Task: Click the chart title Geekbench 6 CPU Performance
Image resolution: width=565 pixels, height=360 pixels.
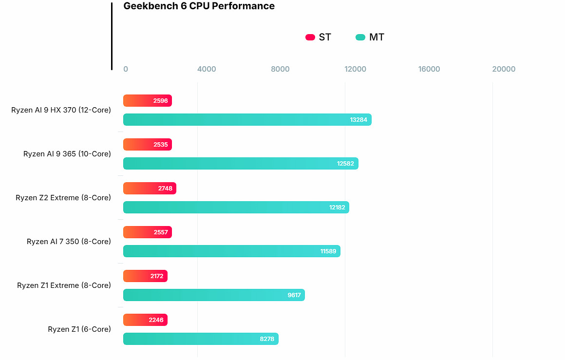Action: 199,6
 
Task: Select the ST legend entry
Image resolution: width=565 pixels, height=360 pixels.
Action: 319,38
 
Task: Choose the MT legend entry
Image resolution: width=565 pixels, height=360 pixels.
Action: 370,38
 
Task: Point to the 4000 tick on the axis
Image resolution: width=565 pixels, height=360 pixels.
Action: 207,69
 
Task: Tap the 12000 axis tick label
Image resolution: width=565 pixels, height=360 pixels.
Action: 355,69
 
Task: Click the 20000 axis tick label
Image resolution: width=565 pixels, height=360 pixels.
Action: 504,69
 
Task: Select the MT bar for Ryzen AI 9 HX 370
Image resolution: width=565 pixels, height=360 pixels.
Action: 247,120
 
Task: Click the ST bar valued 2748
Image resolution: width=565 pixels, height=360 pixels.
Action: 150,189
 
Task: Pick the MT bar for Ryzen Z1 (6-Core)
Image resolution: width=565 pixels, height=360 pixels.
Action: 201,339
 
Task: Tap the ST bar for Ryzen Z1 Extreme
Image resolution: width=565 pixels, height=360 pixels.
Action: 145,276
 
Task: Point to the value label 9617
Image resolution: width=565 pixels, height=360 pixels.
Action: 294,295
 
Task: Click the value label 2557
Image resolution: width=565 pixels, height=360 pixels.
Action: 160,232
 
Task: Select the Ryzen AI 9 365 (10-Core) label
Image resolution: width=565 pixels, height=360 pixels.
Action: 67,154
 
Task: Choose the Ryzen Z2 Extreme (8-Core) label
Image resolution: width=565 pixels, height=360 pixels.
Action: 63,198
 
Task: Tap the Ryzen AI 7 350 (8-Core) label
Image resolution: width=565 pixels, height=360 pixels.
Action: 69,242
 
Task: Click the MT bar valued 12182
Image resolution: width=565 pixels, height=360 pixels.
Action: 236,208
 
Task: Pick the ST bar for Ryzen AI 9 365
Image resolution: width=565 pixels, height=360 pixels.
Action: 147,145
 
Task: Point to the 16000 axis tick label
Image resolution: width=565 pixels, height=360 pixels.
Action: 429,69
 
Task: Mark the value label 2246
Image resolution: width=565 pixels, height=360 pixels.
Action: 156,320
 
